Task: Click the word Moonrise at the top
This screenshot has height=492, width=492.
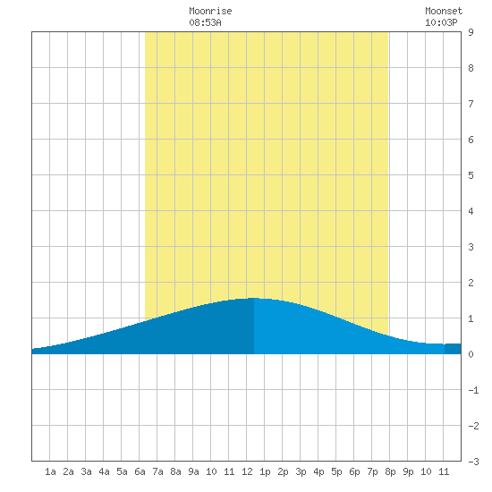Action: click(x=210, y=11)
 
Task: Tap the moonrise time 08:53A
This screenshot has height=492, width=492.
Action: click(x=205, y=22)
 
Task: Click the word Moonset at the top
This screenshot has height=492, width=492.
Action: click(x=444, y=11)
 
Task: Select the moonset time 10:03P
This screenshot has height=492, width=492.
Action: click(x=441, y=22)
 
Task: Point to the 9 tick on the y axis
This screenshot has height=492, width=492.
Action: click(x=471, y=32)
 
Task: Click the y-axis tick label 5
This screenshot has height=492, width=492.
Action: click(x=471, y=175)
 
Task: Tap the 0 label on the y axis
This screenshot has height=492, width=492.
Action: click(x=471, y=354)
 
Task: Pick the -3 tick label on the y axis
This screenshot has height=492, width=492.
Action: click(x=473, y=462)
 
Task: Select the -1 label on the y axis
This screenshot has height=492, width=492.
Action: click(x=473, y=390)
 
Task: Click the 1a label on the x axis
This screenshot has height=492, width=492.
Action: click(x=50, y=471)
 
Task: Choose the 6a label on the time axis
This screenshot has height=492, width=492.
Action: click(x=140, y=471)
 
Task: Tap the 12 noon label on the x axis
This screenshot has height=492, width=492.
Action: click(x=247, y=471)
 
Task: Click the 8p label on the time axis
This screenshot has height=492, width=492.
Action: click(x=390, y=471)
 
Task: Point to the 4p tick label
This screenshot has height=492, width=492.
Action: click(x=318, y=471)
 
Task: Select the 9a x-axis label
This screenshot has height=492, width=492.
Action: click(x=193, y=471)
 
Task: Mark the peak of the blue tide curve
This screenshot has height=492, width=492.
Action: click(x=253, y=298)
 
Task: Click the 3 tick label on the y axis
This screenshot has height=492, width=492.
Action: click(x=471, y=247)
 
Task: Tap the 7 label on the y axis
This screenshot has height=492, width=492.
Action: click(x=471, y=104)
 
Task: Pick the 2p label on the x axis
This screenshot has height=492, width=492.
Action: click(x=283, y=471)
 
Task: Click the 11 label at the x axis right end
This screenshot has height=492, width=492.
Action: click(x=444, y=471)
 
